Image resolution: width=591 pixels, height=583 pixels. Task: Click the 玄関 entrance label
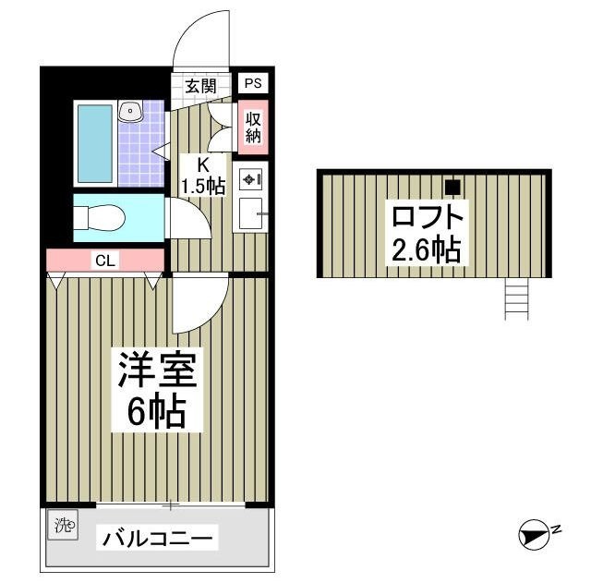click(x=200, y=87)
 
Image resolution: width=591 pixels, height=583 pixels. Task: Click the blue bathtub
click(x=93, y=143)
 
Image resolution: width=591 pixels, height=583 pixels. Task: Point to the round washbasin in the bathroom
click(x=130, y=112)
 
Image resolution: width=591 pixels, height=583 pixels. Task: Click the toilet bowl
click(x=100, y=218)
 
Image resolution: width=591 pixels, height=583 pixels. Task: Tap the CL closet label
click(x=104, y=261)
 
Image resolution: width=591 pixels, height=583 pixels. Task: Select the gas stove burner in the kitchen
click(x=249, y=178)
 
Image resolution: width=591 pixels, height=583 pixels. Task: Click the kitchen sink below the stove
click(x=250, y=214)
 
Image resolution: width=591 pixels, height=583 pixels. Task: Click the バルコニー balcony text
click(x=158, y=538)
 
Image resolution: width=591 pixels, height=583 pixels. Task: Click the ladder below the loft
click(x=517, y=298)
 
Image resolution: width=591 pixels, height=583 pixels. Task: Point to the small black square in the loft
click(x=452, y=187)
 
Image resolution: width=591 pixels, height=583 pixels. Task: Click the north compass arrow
click(x=536, y=534)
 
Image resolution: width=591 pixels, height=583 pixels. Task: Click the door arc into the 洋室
click(x=199, y=305)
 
